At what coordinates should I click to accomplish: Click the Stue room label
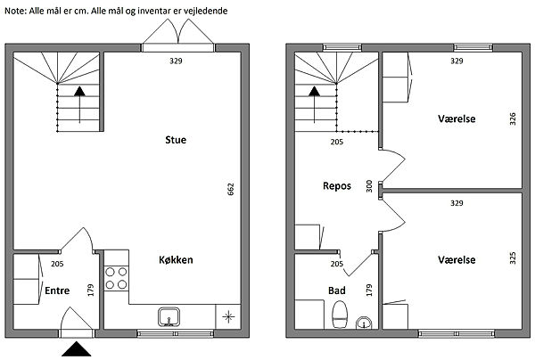[176, 140]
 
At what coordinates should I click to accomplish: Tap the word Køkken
[176, 260]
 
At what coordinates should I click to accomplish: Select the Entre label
[57, 290]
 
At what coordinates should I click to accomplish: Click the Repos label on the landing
[337, 186]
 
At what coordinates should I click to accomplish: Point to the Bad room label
[337, 290]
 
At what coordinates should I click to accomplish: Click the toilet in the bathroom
[340, 315]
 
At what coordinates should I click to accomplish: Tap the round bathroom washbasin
[364, 323]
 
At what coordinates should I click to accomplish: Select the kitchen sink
[169, 316]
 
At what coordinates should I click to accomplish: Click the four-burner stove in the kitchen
[116, 278]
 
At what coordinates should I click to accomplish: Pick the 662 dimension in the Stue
[231, 189]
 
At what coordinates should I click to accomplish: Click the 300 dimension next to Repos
[369, 186]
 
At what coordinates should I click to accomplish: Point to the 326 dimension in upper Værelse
[513, 119]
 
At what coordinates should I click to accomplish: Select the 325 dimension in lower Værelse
[513, 258]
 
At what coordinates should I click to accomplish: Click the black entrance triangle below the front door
[77, 349]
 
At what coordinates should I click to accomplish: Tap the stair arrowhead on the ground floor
[80, 91]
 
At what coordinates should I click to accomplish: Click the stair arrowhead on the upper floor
[314, 91]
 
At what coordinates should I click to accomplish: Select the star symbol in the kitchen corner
[228, 316]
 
